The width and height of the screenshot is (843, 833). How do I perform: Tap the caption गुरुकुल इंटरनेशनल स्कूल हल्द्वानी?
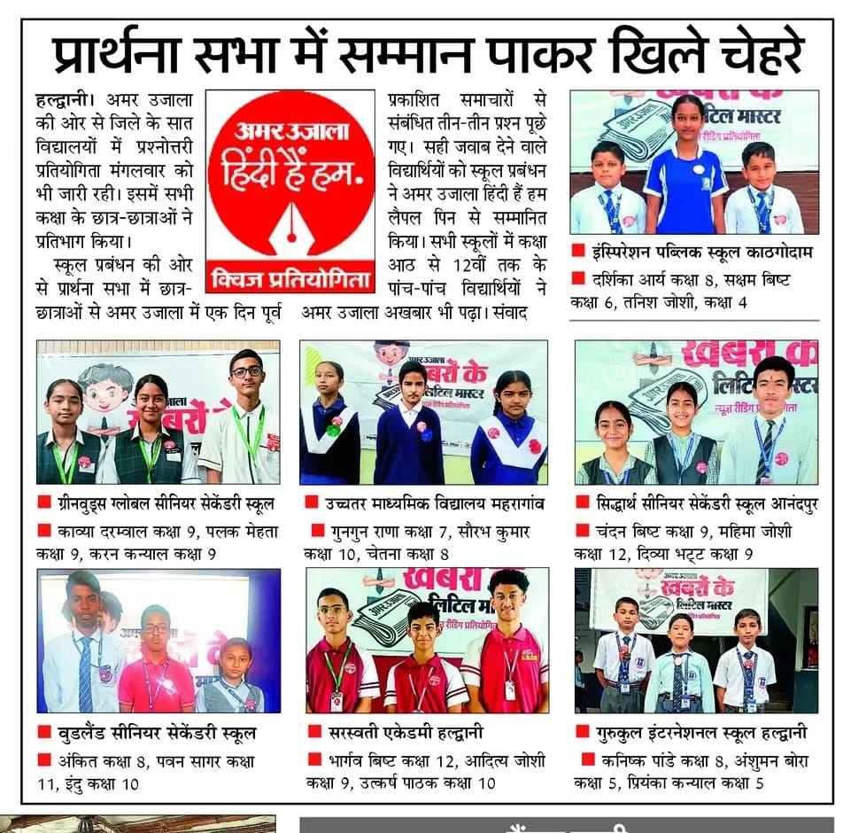(x=703, y=732)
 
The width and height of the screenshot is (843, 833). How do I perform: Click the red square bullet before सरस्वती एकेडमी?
(x=313, y=732)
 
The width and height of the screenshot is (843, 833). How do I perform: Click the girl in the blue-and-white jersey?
(x=685, y=168)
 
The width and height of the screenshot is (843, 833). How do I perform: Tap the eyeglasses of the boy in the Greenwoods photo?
(x=246, y=371)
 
